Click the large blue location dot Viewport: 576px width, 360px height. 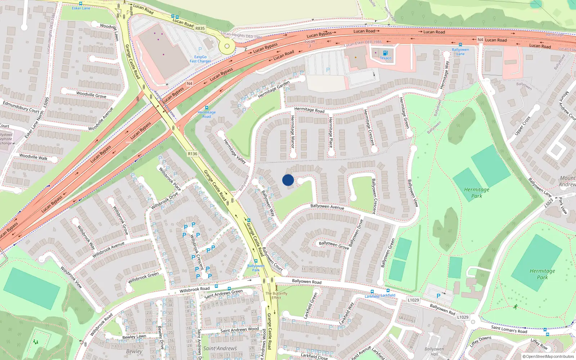click(x=288, y=180)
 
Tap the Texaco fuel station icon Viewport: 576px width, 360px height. click(x=385, y=53)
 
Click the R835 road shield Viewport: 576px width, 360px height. click(x=200, y=28)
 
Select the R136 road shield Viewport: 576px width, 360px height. click(x=193, y=154)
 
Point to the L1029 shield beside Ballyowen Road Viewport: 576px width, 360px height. click(x=413, y=300)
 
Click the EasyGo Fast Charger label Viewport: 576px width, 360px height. click(x=201, y=59)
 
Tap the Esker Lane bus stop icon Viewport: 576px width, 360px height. click(x=81, y=4)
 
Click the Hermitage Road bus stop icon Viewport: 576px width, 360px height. click(x=206, y=108)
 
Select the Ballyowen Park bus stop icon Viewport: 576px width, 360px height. click(x=256, y=261)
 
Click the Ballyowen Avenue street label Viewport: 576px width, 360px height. click(x=327, y=207)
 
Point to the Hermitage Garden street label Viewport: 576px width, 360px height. click(x=274, y=90)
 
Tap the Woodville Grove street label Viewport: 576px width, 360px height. click(x=91, y=95)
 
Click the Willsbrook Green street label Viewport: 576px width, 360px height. click(x=143, y=278)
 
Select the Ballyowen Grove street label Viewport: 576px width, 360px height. click(x=334, y=245)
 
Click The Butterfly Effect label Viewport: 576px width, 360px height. click(x=276, y=295)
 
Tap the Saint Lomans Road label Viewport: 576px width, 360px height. click(x=509, y=329)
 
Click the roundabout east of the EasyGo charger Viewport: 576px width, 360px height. click(x=227, y=46)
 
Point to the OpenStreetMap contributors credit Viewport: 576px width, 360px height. click(x=548, y=356)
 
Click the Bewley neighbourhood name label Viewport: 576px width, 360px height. click(x=134, y=351)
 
